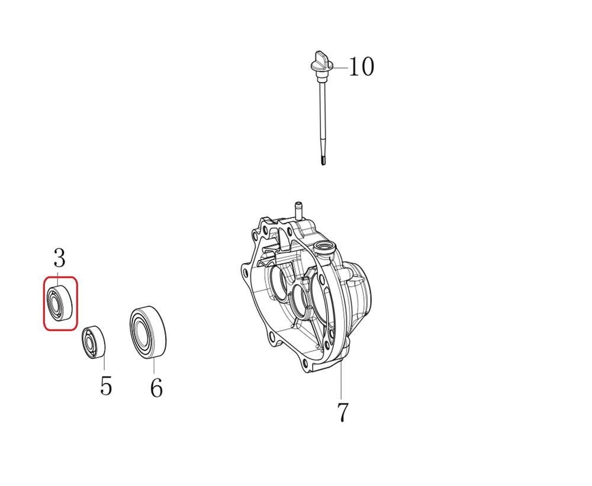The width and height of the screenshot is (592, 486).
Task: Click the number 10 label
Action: pyautogui.click(x=361, y=67)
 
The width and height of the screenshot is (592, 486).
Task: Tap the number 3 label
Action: pyautogui.click(x=59, y=258)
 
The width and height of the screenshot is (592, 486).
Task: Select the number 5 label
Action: pyautogui.click(x=106, y=385)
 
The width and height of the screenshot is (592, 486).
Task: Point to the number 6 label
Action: pyautogui.click(x=156, y=387)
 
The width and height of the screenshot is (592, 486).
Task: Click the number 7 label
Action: pyautogui.click(x=342, y=413)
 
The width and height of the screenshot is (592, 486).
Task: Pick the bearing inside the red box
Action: pyautogui.click(x=60, y=303)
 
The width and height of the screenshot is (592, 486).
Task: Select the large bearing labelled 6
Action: pyautogui.click(x=148, y=332)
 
